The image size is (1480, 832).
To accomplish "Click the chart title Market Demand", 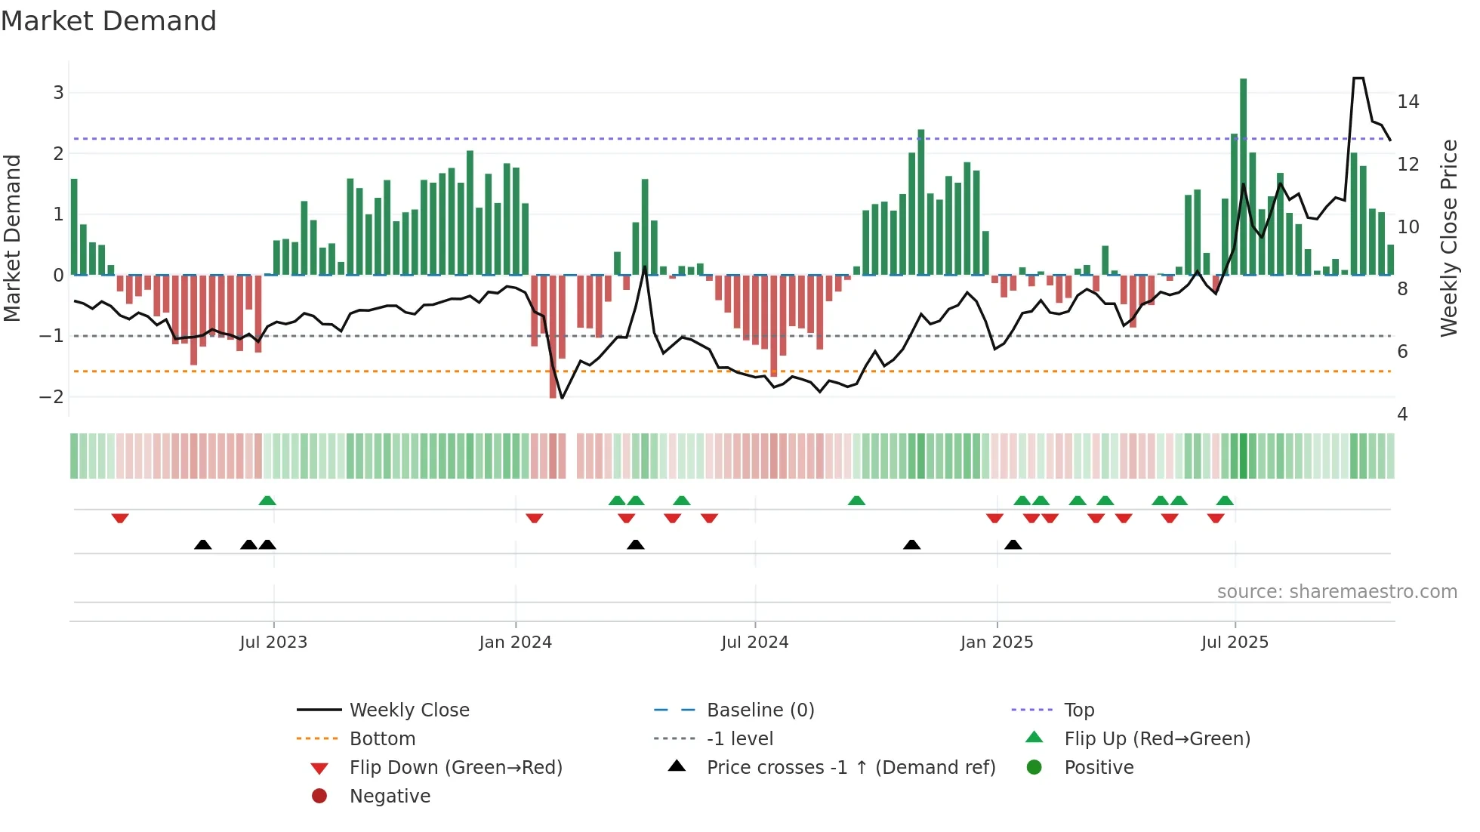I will pos(109,21).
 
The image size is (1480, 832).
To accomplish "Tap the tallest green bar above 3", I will pos(1243,174).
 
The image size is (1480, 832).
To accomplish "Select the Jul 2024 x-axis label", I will pos(754,642).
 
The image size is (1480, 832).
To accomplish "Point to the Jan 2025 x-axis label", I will pos(996,642).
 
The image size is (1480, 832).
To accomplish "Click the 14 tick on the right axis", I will pos(1408,102).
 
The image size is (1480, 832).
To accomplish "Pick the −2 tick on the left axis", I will pos(51,397).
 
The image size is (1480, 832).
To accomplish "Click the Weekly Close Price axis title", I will pos(1448,238).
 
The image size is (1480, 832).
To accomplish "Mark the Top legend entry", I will pos(1078,710).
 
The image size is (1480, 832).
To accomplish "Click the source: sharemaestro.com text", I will pos(1337,592).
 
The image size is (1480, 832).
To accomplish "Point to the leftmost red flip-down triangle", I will pos(120,518).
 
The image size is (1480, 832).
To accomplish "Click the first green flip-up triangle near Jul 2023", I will pos(267,501).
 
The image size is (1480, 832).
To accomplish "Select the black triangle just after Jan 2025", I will pos(1013,544).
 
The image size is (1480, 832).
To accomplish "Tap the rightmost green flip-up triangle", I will pos(1225,501).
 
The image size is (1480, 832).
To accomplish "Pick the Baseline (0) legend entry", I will pos(760,710).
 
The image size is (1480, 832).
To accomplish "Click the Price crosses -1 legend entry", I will pos(850,768).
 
